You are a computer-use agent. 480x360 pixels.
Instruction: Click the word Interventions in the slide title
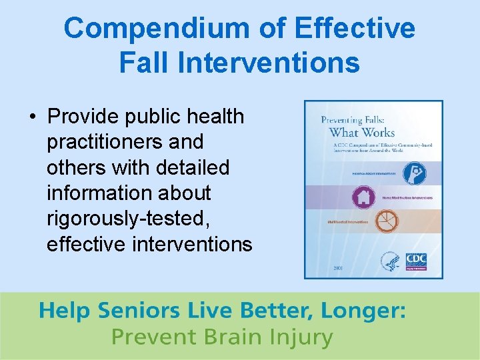pyautogui.click(x=270, y=63)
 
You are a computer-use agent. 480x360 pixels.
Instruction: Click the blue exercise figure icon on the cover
pyautogui.click(x=413, y=173)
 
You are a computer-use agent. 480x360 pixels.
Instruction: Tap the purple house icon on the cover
pyautogui.click(x=363, y=197)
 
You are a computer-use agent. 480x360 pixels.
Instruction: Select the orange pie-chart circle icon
pyautogui.click(x=387, y=221)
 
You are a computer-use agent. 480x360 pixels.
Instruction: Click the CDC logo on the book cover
pyautogui.click(x=416, y=259)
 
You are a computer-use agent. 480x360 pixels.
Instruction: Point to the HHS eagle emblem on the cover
pyautogui.click(x=390, y=261)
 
